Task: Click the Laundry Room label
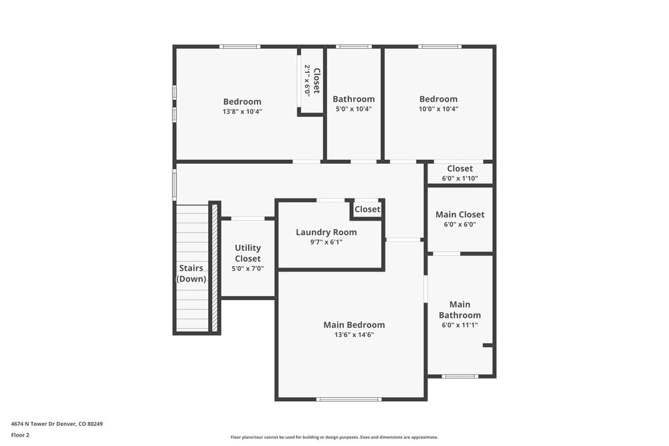(x=326, y=232)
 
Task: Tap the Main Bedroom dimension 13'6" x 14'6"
(x=354, y=335)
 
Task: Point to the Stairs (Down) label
(x=191, y=273)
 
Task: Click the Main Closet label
(x=460, y=215)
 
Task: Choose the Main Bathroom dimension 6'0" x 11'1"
(x=460, y=326)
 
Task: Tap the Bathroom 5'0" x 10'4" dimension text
(x=353, y=109)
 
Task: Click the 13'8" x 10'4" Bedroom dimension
(x=242, y=112)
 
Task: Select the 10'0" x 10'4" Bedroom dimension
(x=438, y=109)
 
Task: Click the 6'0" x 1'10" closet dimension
(x=460, y=179)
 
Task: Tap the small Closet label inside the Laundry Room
(x=367, y=209)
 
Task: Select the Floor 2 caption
(x=21, y=435)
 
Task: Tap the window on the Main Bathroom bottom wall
(x=460, y=376)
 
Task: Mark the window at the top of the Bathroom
(x=353, y=46)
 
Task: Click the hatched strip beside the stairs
(x=215, y=267)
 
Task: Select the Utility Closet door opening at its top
(x=248, y=218)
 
